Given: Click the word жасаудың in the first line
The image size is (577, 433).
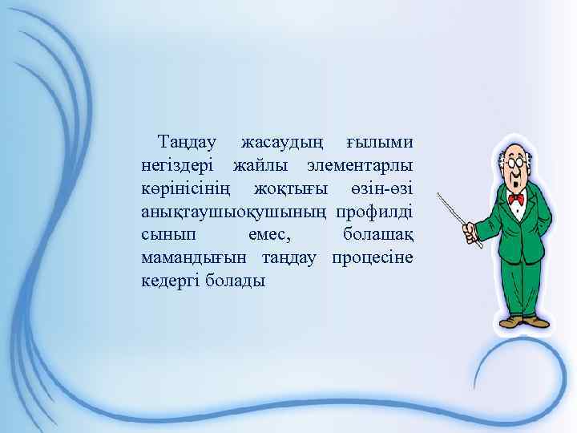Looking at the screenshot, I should click(x=281, y=143).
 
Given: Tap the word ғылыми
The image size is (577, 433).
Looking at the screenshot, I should click(x=380, y=143).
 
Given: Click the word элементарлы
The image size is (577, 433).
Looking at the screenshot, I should click(x=361, y=166).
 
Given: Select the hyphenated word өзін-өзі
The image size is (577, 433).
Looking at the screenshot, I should click(x=381, y=189).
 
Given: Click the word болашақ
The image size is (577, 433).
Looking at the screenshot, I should click(x=378, y=236).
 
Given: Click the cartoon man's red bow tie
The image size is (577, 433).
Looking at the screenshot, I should click(x=516, y=197).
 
